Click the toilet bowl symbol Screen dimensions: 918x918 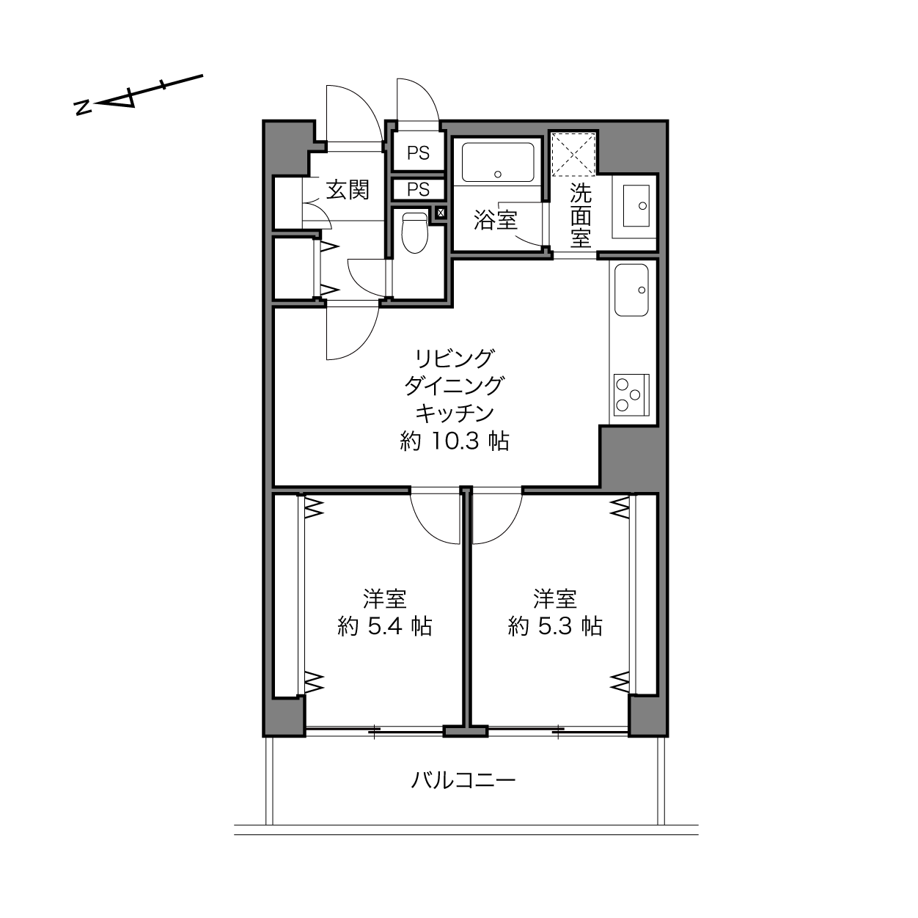415,232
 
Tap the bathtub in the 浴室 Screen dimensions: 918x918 498,162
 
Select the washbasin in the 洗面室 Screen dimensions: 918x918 636,205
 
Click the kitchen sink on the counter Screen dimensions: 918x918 631,290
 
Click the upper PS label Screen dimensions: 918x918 418,153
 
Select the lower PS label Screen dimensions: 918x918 418,189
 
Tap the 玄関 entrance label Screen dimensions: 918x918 348,190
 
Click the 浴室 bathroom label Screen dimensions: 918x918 496,220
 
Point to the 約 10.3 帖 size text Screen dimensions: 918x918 455,441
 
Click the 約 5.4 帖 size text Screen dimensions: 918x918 384,626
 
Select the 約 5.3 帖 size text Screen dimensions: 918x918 555,626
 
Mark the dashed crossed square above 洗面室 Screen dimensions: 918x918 573,155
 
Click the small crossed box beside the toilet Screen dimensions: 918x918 441,213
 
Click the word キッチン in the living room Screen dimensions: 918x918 455,413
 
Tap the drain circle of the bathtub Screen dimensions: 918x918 498,175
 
